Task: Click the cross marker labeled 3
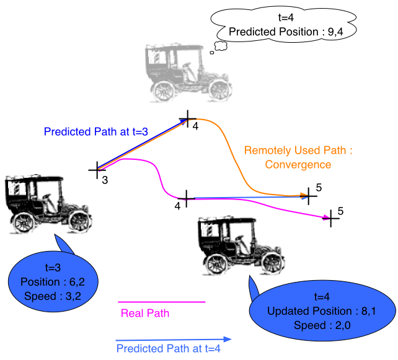pos(97,170)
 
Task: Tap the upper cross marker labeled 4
pos(188,119)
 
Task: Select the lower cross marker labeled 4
pos(187,199)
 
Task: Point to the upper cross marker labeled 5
pos(309,196)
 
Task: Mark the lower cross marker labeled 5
pos(330,218)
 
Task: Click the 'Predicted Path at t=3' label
pos(96,132)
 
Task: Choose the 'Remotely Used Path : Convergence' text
pos(298,157)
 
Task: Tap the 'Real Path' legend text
pos(145,313)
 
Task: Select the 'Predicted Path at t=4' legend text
pos(169,348)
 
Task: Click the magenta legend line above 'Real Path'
pos(162,302)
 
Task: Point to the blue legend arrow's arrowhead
pos(228,339)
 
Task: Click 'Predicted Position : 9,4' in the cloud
pos(286,32)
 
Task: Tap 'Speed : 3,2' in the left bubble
pos(53,296)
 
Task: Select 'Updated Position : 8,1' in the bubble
pos(322,311)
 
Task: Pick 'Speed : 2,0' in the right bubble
pos(322,325)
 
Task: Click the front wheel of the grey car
pos(220,90)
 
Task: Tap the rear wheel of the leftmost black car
pos(24,222)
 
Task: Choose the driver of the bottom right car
pos(241,245)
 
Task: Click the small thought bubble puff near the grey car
pos(220,46)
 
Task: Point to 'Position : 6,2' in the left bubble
pos(53,282)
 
